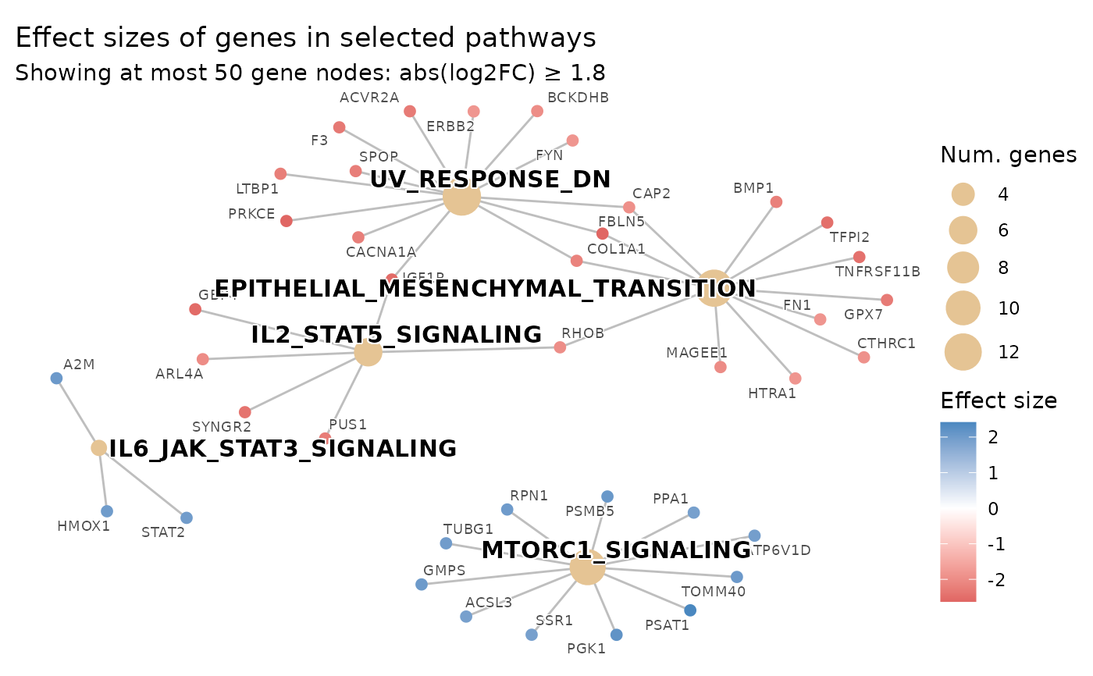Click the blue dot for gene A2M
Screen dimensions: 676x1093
(x=56, y=379)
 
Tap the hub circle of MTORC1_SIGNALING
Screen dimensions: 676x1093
(x=587, y=567)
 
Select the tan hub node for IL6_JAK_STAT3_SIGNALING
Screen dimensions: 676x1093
(x=99, y=448)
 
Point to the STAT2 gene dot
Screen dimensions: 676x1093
(x=186, y=518)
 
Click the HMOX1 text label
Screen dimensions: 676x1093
(x=84, y=526)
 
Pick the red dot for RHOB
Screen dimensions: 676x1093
(x=560, y=347)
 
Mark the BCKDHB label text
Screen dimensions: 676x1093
(x=578, y=98)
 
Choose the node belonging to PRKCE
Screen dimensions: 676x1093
(x=287, y=221)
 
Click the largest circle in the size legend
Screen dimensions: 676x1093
(x=963, y=352)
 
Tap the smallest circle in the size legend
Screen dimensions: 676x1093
(x=963, y=194)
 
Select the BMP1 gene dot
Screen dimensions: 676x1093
(x=776, y=202)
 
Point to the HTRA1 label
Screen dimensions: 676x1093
(x=771, y=393)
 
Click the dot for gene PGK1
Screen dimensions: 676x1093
(x=616, y=635)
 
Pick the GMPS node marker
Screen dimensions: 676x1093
(x=422, y=584)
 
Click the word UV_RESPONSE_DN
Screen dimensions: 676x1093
(x=490, y=179)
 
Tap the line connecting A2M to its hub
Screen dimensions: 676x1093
(x=77, y=411)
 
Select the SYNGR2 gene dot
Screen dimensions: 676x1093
(x=245, y=412)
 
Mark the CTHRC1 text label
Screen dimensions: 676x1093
(x=886, y=343)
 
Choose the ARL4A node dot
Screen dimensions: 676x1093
(x=203, y=359)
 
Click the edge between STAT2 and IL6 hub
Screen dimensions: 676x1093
(x=143, y=483)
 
